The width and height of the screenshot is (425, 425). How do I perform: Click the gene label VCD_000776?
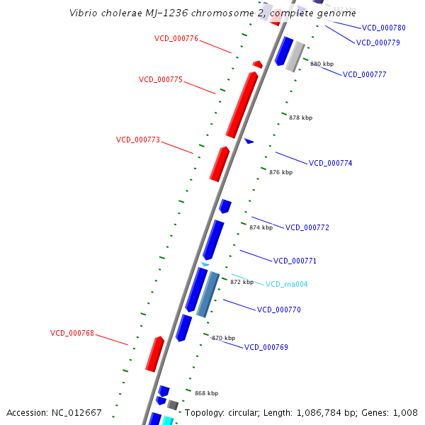176,38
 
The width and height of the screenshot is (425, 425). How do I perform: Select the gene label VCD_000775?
161,79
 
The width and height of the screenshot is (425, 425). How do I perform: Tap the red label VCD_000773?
138,140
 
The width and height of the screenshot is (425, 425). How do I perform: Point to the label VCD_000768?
72,332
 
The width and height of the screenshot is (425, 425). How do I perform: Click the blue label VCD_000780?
384,28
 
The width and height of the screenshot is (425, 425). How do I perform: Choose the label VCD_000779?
378,42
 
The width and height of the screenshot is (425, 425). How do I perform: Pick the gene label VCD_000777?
365,74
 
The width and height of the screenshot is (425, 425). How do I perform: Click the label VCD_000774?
331,163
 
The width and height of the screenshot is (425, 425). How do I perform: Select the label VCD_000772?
307,227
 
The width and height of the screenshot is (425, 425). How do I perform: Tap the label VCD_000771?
295,261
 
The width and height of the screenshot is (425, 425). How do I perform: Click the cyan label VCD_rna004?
287,284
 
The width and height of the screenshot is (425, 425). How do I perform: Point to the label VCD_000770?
279,310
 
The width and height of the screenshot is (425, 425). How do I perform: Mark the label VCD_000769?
266,347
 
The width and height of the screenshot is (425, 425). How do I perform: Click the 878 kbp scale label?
300,118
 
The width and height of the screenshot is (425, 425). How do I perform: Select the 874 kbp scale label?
261,227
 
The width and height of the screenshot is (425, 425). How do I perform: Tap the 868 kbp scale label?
206,393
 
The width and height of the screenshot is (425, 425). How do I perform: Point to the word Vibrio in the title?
84,13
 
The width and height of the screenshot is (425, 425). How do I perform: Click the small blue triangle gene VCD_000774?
249,141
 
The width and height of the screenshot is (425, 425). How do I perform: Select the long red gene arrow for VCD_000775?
242,104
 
